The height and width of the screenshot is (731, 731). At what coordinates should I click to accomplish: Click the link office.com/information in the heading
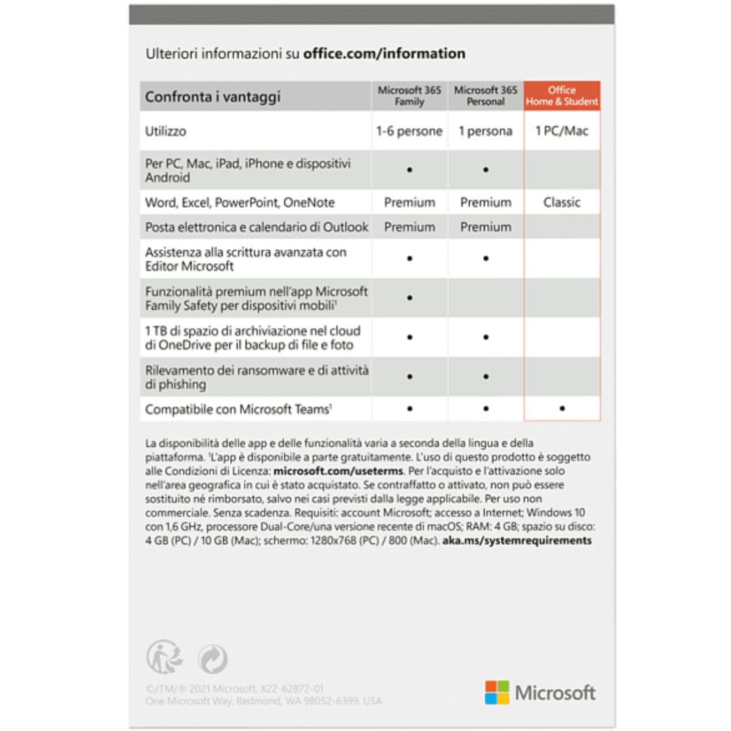tap(384, 54)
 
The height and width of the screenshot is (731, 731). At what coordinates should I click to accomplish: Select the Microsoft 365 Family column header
tap(409, 96)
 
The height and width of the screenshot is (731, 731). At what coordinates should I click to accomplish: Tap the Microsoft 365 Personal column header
tap(485, 96)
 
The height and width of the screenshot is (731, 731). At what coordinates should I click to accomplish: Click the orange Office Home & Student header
tap(562, 96)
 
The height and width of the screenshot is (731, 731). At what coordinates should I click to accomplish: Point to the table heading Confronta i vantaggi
tap(213, 97)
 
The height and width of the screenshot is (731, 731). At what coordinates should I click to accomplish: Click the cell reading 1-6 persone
tap(409, 131)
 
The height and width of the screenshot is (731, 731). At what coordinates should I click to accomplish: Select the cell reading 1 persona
tap(485, 131)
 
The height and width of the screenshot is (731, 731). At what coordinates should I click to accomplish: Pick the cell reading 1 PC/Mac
tap(562, 131)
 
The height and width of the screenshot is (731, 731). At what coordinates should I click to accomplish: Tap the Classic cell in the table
tap(562, 202)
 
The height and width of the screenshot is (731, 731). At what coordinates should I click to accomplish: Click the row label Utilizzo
tap(166, 131)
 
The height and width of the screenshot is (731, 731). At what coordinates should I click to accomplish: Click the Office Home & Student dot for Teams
tap(562, 409)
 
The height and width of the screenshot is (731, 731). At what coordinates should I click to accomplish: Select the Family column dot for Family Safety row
tap(409, 298)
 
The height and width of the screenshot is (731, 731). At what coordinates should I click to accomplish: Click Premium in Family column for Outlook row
tap(409, 227)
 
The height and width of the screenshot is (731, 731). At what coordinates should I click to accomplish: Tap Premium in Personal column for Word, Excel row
tap(485, 202)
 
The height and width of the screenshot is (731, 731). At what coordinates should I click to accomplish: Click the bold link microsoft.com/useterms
tap(338, 471)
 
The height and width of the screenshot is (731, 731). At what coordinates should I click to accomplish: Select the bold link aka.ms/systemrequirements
tap(517, 541)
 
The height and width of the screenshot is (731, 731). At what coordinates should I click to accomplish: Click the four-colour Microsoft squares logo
tap(497, 692)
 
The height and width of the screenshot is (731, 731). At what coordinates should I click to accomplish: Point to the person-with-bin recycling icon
tap(164, 657)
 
